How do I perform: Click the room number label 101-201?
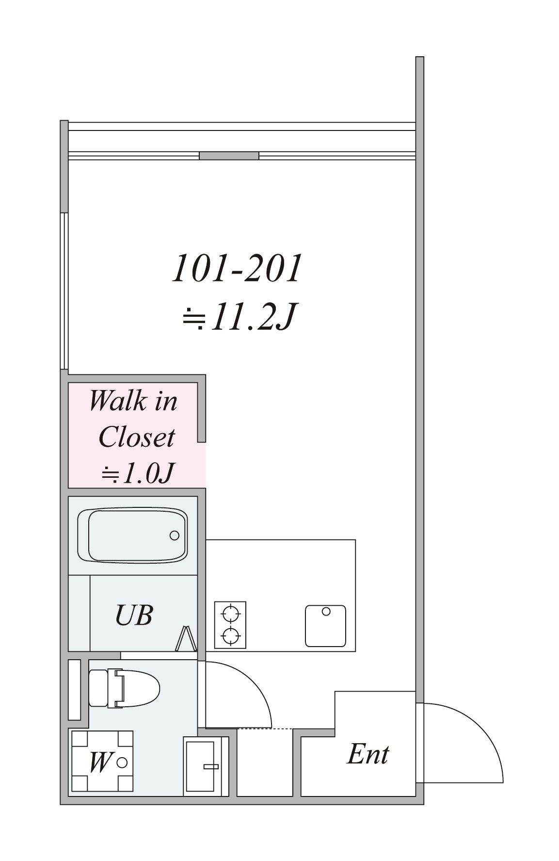(237, 268)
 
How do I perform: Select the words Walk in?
(133, 401)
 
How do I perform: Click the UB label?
(134, 615)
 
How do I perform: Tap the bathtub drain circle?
(175, 536)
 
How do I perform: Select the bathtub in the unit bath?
(132, 535)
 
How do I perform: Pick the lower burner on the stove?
(230, 634)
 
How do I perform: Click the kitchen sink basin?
(325, 626)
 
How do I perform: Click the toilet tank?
(99, 688)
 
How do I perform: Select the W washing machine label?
(100, 762)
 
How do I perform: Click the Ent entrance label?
(367, 754)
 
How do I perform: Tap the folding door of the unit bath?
(186, 638)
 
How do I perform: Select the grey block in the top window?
(229, 156)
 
